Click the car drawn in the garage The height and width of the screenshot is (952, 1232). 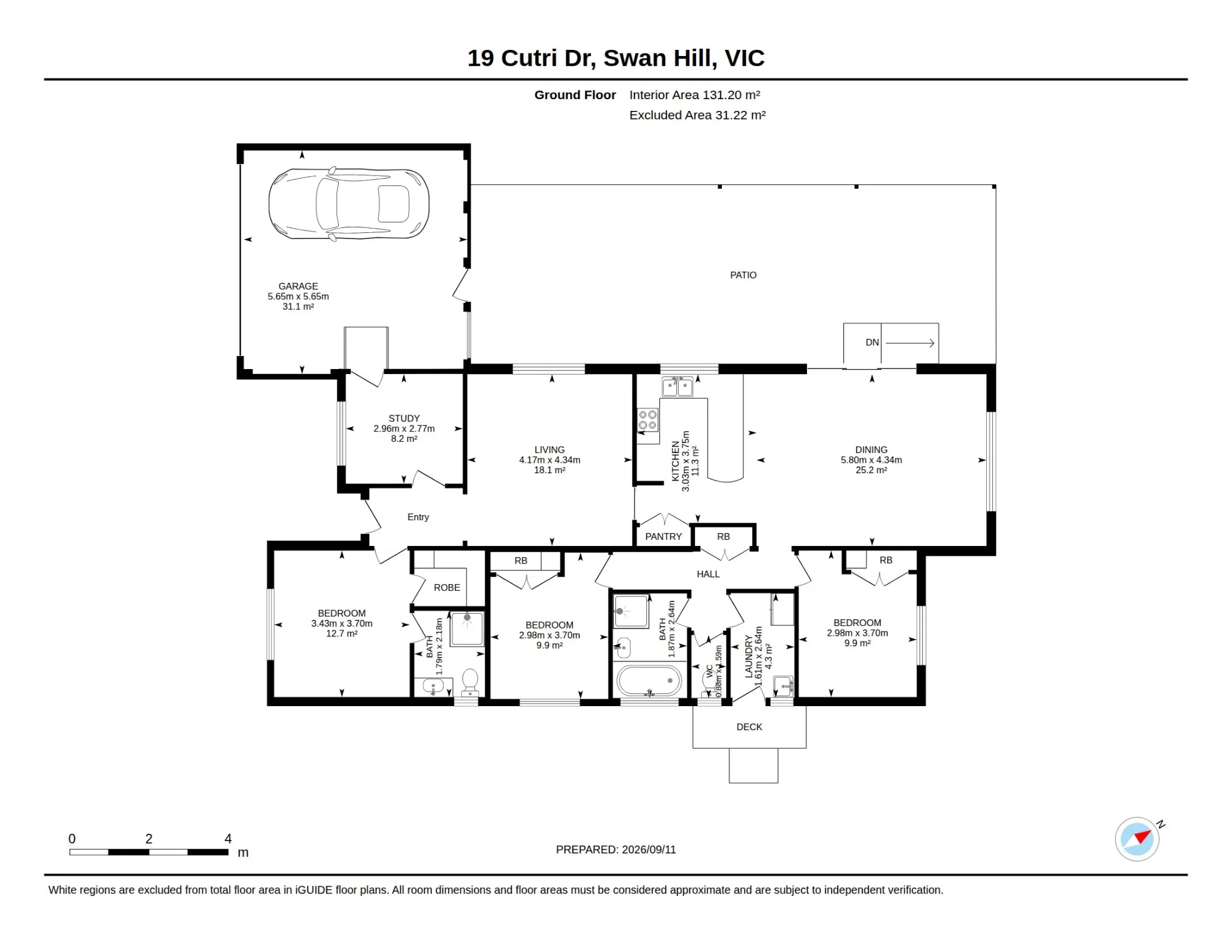pyautogui.click(x=349, y=204)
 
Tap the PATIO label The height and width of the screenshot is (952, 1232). pyautogui.click(x=743, y=275)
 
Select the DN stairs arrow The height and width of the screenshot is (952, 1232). pyautogui.click(x=910, y=343)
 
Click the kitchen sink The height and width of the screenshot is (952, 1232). pyautogui.click(x=677, y=387)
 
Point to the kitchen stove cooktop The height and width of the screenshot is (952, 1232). pyautogui.click(x=647, y=420)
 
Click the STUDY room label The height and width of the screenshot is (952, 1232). pyautogui.click(x=404, y=418)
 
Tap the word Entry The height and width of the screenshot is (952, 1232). pyautogui.click(x=418, y=518)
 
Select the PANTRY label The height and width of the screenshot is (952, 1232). pyautogui.click(x=663, y=537)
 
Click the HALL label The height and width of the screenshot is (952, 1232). pyautogui.click(x=708, y=574)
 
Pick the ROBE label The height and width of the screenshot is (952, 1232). pyautogui.click(x=447, y=588)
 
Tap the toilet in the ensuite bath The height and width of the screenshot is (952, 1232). pyautogui.click(x=470, y=682)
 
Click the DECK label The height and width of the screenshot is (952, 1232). pyautogui.click(x=749, y=727)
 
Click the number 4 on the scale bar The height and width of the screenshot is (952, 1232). pyautogui.click(x=228, y=839)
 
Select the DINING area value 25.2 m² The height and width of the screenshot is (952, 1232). pyautogui.click(x=871, y=470)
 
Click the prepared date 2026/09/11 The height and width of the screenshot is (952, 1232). pyautogui.click(x=649, y=850)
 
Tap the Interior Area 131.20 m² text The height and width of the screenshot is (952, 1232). pyautogui.click(x=695, y=95)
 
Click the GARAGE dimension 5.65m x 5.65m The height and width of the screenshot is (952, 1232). pyautogui.click(x=298, y=296)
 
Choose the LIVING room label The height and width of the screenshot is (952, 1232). pyautogui.click(x=549, y=450)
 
